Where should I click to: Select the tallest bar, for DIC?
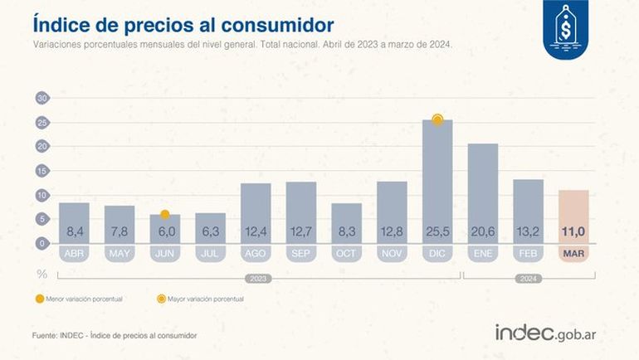point(437,182)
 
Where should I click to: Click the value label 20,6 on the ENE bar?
point(483,232)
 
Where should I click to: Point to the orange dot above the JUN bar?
point(165,214)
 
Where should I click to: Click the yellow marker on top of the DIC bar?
point(437,120)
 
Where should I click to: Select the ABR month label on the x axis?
point(74,253)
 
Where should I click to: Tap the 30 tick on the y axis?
point(41,98)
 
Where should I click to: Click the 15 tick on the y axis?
point(41,171)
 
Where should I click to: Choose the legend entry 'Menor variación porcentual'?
point(80,297)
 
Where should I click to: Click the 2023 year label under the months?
point(255,279)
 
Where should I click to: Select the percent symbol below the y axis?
point(41,272)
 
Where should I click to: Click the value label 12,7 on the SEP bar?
point(300,232)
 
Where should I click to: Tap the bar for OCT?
point(346,223)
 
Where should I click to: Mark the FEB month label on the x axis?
point(528,253)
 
